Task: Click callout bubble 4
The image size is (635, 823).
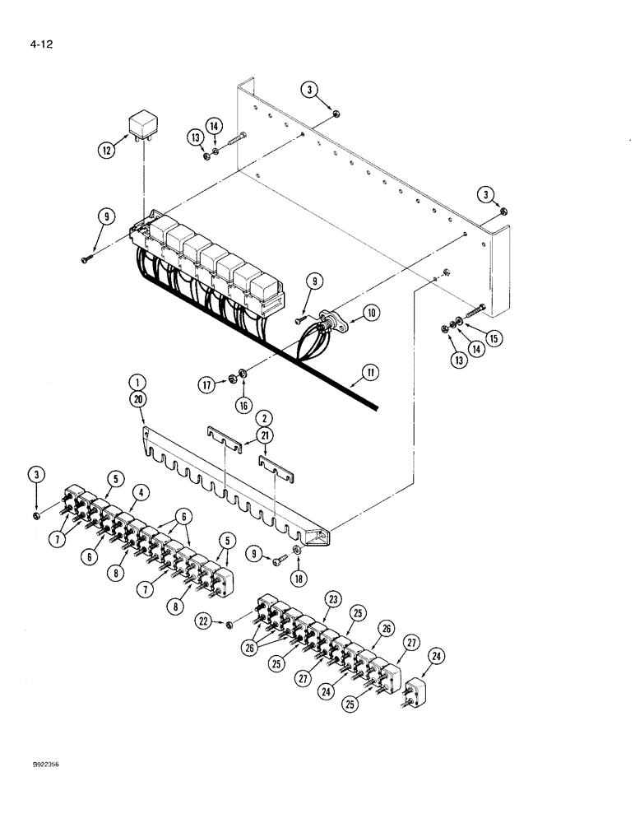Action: (143, 493)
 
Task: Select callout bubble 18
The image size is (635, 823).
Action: (298, 578)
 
